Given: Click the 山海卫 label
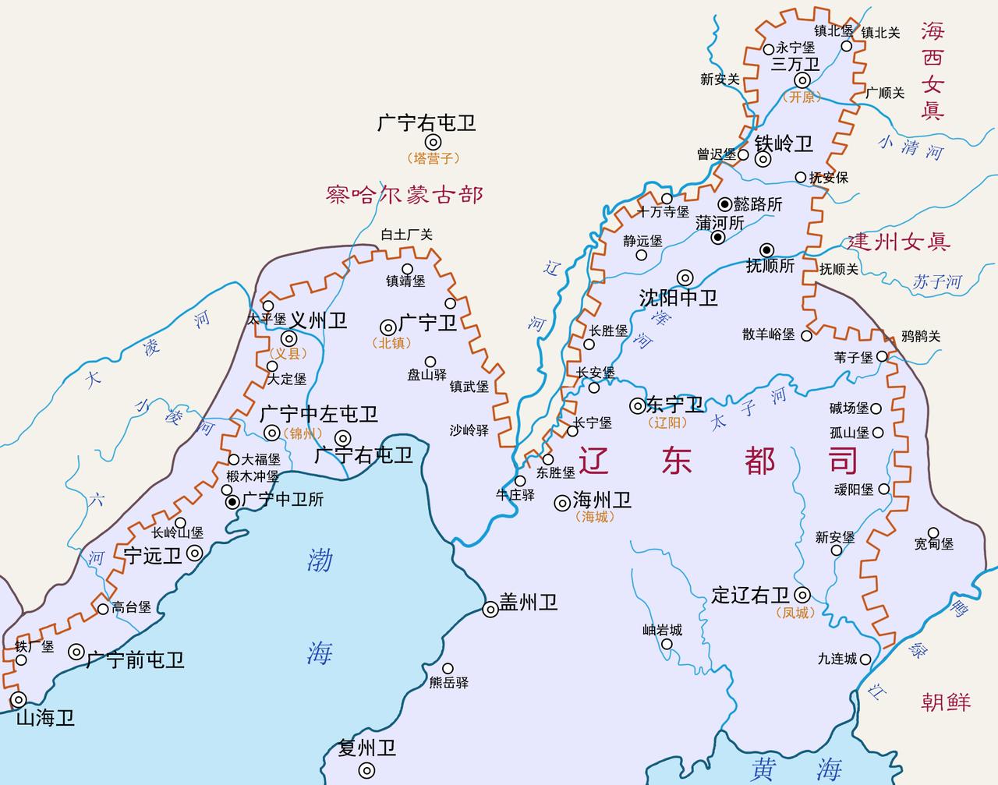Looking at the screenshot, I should coord(45,718).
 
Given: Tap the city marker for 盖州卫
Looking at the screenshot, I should coord(490,610).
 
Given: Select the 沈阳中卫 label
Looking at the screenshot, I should coord(678,298).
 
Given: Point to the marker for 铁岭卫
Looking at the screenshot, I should coord(763,159).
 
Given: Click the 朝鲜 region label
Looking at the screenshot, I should coord(946,702).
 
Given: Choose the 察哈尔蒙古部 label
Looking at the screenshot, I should coord(405,194).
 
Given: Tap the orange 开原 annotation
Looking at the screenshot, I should coord(802,97).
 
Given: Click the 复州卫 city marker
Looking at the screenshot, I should coord(366,769).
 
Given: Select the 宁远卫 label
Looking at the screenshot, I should coord(153,555).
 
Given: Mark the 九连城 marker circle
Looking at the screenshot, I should coord(865,659).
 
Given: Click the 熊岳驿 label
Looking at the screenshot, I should coord(448,682).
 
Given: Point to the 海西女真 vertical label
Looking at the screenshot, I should coord(932,70).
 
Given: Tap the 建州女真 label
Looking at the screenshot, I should coord(899,242).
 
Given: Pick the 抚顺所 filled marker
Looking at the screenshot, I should coord(767,249).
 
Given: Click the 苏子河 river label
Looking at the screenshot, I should coord(937,282).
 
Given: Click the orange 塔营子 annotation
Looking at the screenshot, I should coord(433,157).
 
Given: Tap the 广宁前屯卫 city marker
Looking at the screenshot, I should coord(76,652).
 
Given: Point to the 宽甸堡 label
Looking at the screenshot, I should coord(934,543).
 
